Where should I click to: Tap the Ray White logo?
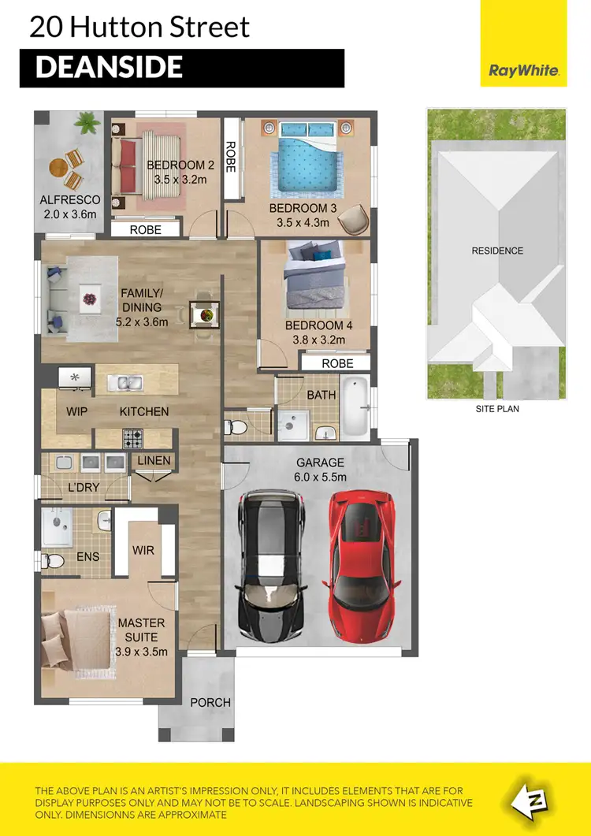[524, 70]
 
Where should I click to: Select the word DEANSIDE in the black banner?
[109, 68]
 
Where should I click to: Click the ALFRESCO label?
[70, 200]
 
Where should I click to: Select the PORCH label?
[210, 702]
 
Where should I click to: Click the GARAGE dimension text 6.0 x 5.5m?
[321, 477]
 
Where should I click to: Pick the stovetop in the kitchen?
[132, 438]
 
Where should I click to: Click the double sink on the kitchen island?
[126, 384]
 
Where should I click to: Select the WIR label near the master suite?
[143, 549]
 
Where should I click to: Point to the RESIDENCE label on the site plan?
[497, 251]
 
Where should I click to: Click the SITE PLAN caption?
[497, 409]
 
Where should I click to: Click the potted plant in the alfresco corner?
[86, 122]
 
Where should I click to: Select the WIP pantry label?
[76, 411]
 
